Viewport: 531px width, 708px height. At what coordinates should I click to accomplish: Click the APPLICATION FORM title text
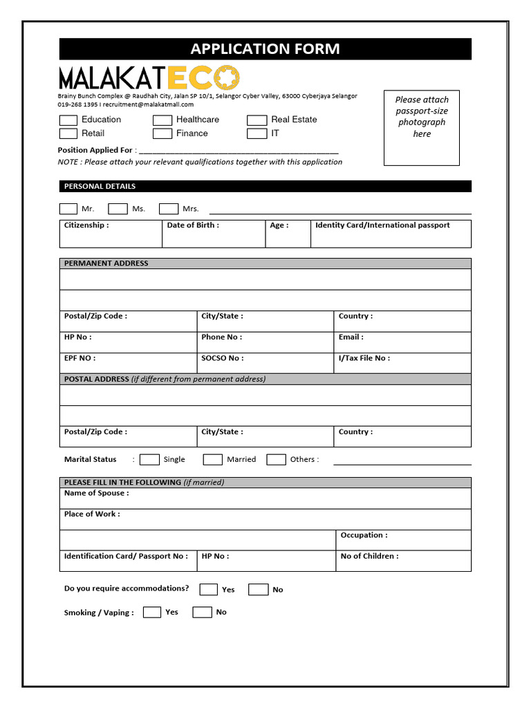(x=265, y=49)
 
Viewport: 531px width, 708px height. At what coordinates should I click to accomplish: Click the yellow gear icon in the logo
(x=227, y=77)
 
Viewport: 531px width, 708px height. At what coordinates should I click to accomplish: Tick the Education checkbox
(x=68, y=120)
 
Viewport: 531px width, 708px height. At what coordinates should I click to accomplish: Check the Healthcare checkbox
(x=162, y=120)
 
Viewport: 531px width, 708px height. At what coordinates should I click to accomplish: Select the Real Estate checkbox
(x=257, y=120)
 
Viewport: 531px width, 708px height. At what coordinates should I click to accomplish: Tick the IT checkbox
(x=257, y=133)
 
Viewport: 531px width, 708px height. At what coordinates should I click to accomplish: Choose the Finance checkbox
(x=162, y=133)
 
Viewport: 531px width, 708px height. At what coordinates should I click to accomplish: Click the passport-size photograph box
(x=421, y=128)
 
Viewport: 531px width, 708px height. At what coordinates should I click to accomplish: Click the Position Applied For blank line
(x=239, y=150)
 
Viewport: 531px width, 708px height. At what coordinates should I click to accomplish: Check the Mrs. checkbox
(x=169, y=209)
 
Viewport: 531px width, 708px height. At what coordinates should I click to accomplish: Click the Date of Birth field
(x=213, y=236)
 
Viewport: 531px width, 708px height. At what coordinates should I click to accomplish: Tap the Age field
(x=288, y=236)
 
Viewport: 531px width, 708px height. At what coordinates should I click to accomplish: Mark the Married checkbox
(x=213, y=460)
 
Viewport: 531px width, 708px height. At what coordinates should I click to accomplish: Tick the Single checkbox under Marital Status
(x=149, y=460)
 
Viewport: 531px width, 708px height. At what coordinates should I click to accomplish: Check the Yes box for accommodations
(x=208, y=590)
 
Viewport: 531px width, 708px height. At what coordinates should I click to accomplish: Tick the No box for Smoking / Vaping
(x=202, y=612)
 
